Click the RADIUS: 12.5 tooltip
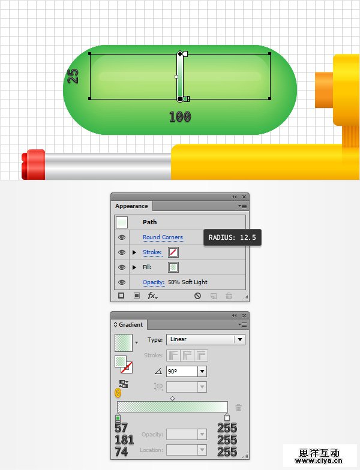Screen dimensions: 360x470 (x=232, y=237)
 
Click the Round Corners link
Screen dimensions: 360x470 (x=163, y=237)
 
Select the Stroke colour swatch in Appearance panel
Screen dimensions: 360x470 (x=173, y=252)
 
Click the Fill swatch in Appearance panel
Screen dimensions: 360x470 (x=173, y=267)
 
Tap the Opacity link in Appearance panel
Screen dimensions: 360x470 (x=154, y=282)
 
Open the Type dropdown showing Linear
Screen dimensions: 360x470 (x=205, y=339)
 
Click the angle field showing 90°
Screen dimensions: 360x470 (x=182, y=372)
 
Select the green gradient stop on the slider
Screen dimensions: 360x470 (x=118, y=418)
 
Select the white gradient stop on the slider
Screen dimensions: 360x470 (x=227, y=417)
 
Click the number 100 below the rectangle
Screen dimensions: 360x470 (x=180, y=116)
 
